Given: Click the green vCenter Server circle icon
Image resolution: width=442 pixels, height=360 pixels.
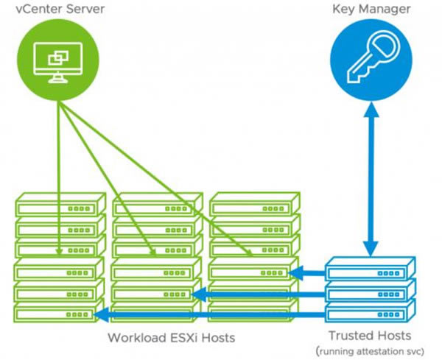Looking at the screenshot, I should tap(58, 61).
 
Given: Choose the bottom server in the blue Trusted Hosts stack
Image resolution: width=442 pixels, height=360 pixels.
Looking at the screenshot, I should tap(370, 308).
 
